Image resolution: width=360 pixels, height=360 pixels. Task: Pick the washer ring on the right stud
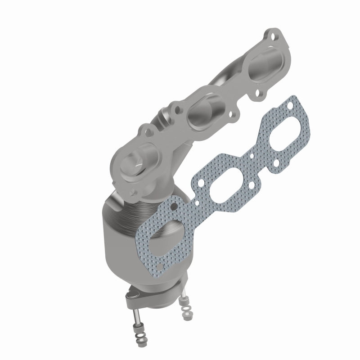click(186, 308)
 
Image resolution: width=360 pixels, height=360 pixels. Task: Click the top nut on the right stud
click(184, 301)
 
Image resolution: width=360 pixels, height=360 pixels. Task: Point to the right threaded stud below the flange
click(183, 292)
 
